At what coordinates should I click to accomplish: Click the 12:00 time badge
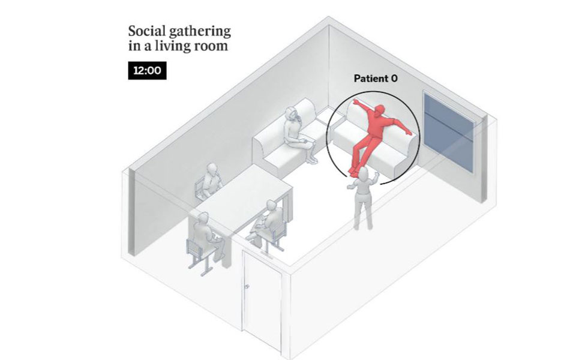[x=148, y=71]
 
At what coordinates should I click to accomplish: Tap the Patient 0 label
[x=376, y=78]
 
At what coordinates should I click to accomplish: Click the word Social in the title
[x=147, y=31]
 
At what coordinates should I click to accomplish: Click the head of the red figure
[x=379, y=110]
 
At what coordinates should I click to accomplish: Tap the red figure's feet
[x=353, y=171]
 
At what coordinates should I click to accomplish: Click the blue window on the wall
[x=449, y=131]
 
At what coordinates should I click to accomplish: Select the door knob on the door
[x=247, y=286]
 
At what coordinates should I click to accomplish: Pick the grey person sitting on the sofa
[x=298, y=134]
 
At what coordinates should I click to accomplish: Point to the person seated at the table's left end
[x=206, y=235]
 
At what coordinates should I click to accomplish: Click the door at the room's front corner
[x=262, y=299]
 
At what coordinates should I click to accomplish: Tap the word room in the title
[x=211, y=47]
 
